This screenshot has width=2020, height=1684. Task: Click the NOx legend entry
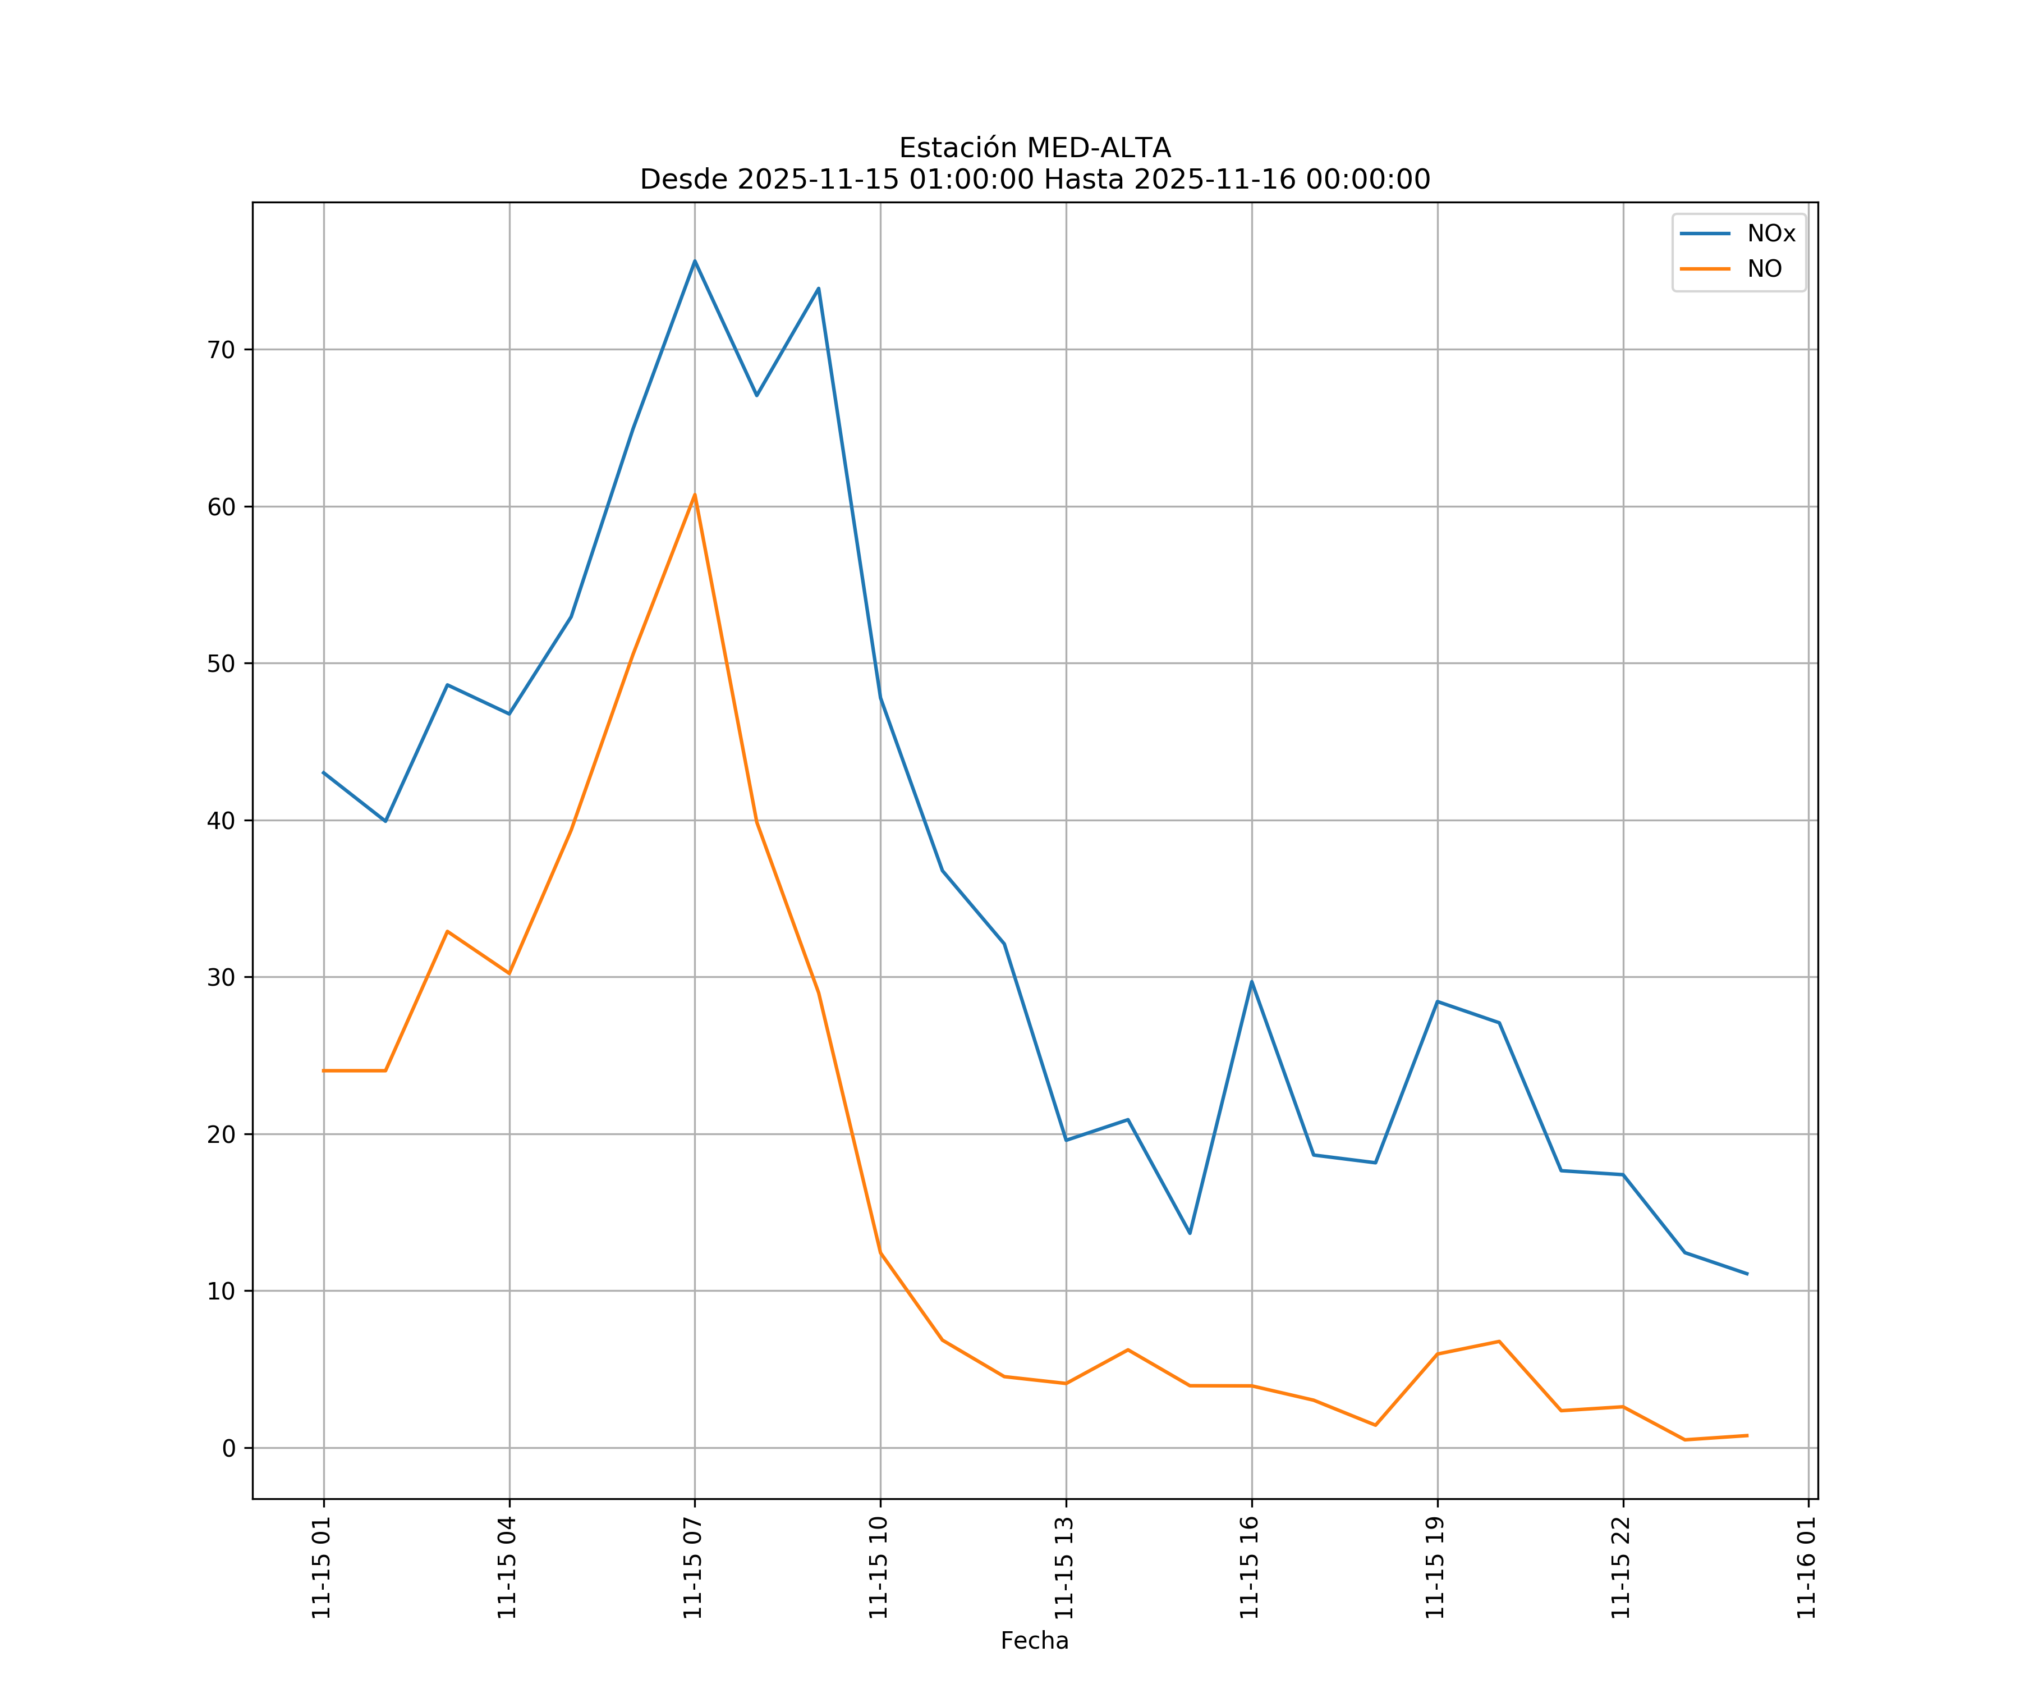[1770, 234]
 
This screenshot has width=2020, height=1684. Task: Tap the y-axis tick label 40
[221, 821]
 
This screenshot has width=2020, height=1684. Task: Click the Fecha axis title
[1034, 1641]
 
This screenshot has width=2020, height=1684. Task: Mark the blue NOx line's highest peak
[695, 261]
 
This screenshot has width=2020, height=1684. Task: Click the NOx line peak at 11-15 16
[1251, 982]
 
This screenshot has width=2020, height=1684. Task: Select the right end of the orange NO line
[1747, 1436]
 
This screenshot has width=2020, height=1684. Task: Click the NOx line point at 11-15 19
[1437, 1002]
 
